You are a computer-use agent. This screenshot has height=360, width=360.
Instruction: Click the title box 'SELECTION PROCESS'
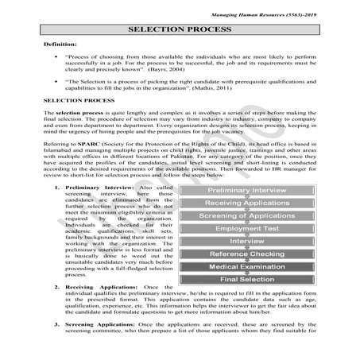click(180, 30)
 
